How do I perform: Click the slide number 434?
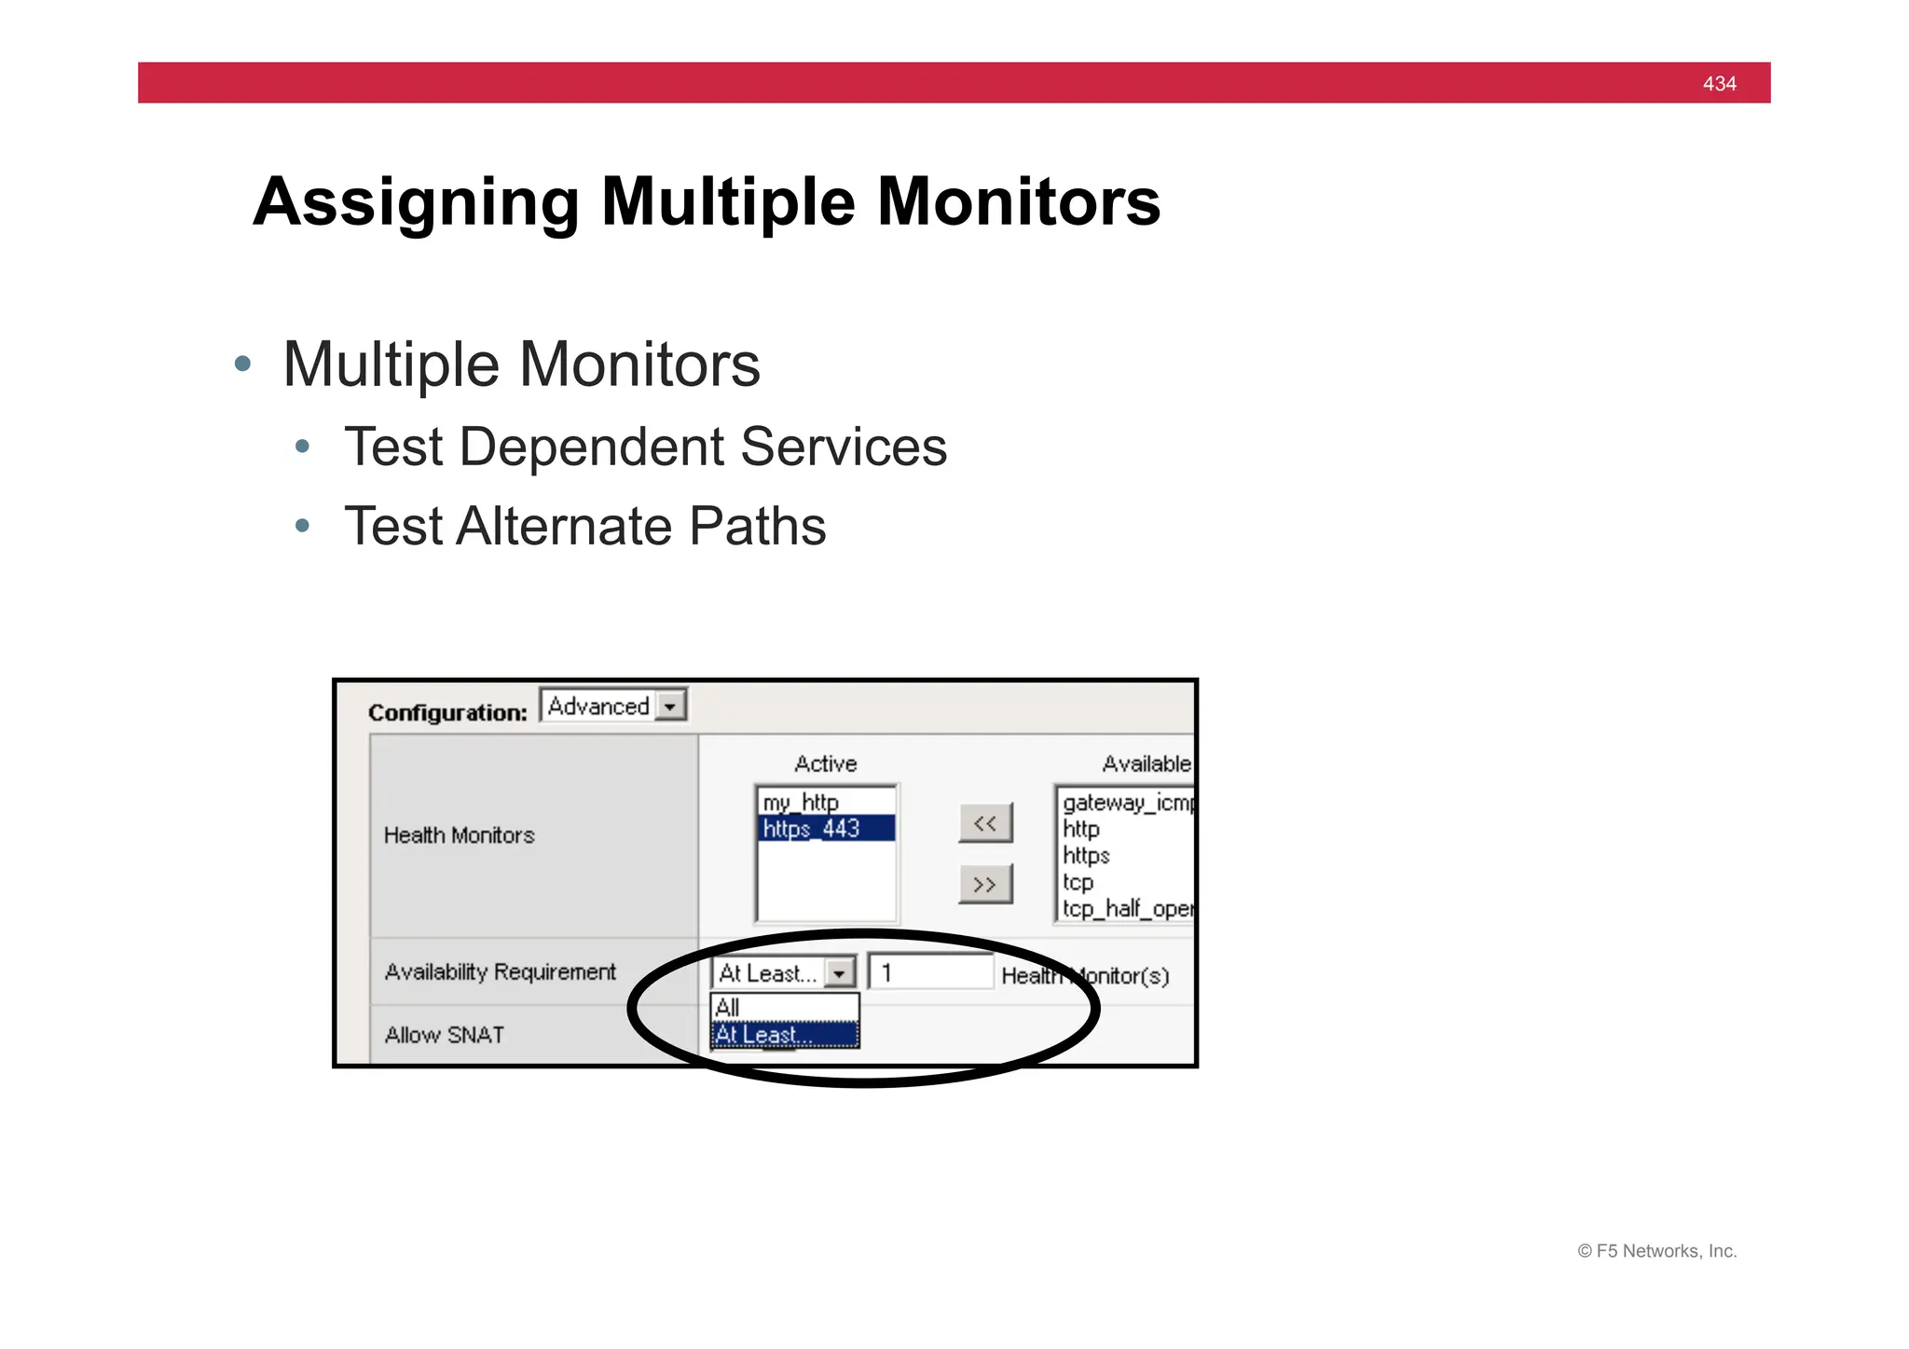(x=1718, y=83)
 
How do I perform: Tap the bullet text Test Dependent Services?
(x=645, y=447)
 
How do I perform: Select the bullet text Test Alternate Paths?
(x=584, y=526)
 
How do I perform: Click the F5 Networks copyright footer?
(x=1656, y=1251)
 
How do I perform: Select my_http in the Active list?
(x=801, y=802)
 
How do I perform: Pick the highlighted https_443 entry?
(x=811, y=828)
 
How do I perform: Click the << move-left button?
(x=984, y=823)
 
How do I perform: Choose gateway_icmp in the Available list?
(x=1126, y=803)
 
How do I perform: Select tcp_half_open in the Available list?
(x=1126, y=908)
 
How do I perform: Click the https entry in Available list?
(x=1086, y=855)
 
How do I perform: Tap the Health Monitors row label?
(x=459, y=835)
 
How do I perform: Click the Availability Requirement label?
(x=500, y=971)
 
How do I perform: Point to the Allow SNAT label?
(x=444, y=1035)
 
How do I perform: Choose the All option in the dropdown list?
(x=728, y=1007)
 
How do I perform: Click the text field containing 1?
(x=929, y=972)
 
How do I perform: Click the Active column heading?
(x=825, y=764)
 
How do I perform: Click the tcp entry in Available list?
(x=1078, y=882)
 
